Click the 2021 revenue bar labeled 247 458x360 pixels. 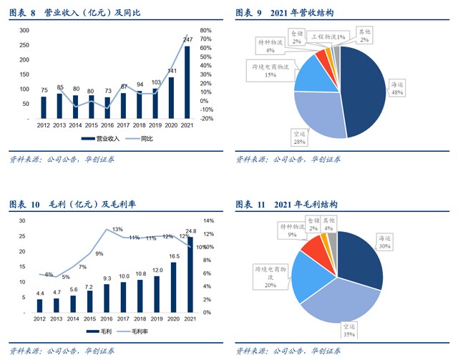187,82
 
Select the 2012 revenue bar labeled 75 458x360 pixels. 44,107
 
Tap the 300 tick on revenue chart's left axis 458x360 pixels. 24,31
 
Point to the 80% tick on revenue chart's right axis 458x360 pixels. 206,31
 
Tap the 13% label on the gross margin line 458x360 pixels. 117,230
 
